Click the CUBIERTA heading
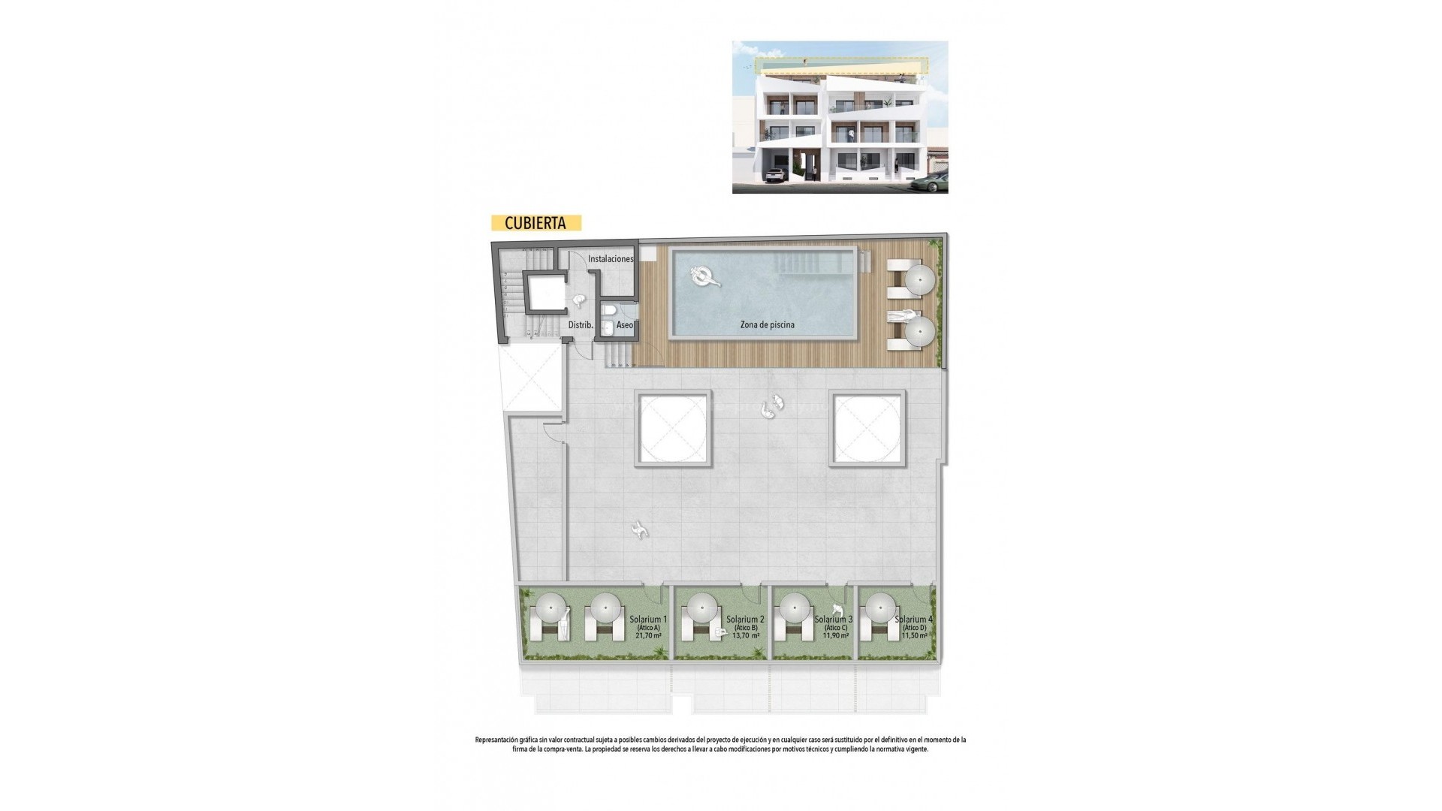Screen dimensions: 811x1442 [x=535, y=223]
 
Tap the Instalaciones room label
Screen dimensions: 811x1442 [x=611, y=259]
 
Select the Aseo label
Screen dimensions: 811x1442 [x=625, y=326]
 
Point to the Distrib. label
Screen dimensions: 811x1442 [x=581, y=326]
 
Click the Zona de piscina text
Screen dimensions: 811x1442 [x=767, y=325]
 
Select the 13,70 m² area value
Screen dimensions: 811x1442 [x=745, y=635]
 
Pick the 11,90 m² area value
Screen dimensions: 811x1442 [x=835, y=635]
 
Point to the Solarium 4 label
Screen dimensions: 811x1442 [x=913, y=620]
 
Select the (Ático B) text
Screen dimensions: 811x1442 [x=745, y=628]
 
